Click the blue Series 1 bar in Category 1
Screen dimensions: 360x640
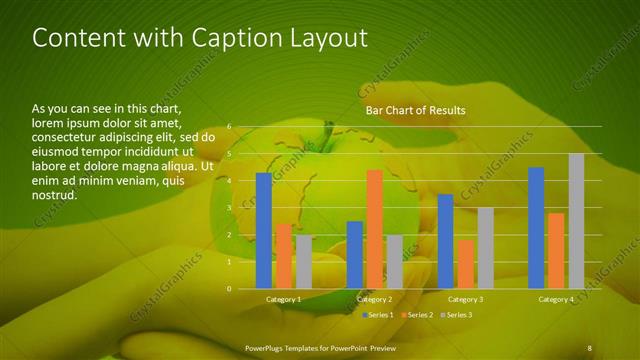(263, 230)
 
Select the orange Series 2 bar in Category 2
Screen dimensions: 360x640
(374, 229)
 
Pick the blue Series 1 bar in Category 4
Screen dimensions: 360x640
(536, 228)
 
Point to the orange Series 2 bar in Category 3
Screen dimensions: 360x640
(465, 264)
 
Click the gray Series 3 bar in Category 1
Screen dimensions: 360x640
(303, 262)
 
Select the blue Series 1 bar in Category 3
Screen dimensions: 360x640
(445, 241)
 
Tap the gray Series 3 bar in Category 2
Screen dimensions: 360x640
(394, 262)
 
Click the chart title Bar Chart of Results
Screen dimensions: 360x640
(415, 110)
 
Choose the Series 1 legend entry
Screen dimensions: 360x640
(377, 315)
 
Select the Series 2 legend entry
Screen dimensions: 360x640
(419, 315)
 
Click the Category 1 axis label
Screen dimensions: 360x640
(283, 299)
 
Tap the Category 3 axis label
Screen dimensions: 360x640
(465, 299)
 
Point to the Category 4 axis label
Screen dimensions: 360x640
(556, 299)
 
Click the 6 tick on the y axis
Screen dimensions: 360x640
(229, 127)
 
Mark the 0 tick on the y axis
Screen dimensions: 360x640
(229, 289)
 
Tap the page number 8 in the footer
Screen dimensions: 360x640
(589, 347)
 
